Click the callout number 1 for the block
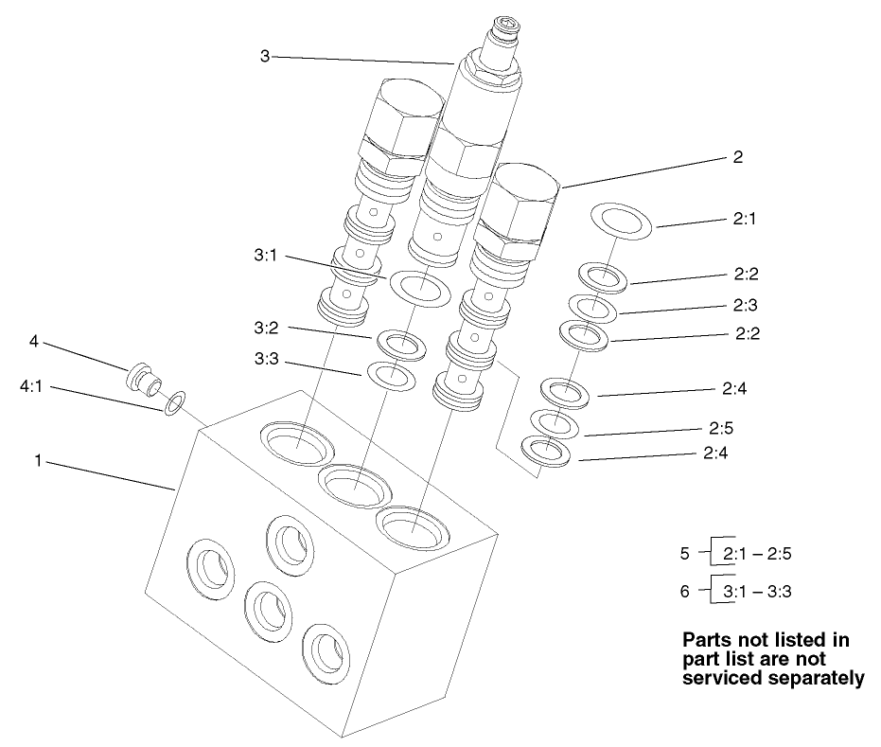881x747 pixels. pos(39,462)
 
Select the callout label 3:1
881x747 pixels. pos(267,257)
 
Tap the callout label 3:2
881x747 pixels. pos(267,328)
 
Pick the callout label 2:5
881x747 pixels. pos(718,427)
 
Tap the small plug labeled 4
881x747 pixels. pos(143,377)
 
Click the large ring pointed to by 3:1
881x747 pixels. pos(418,287)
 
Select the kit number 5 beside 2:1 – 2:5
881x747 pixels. pos(686,551)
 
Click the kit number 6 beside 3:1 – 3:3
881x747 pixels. pos(686,591)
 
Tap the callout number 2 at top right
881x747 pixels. pos(737,158)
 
